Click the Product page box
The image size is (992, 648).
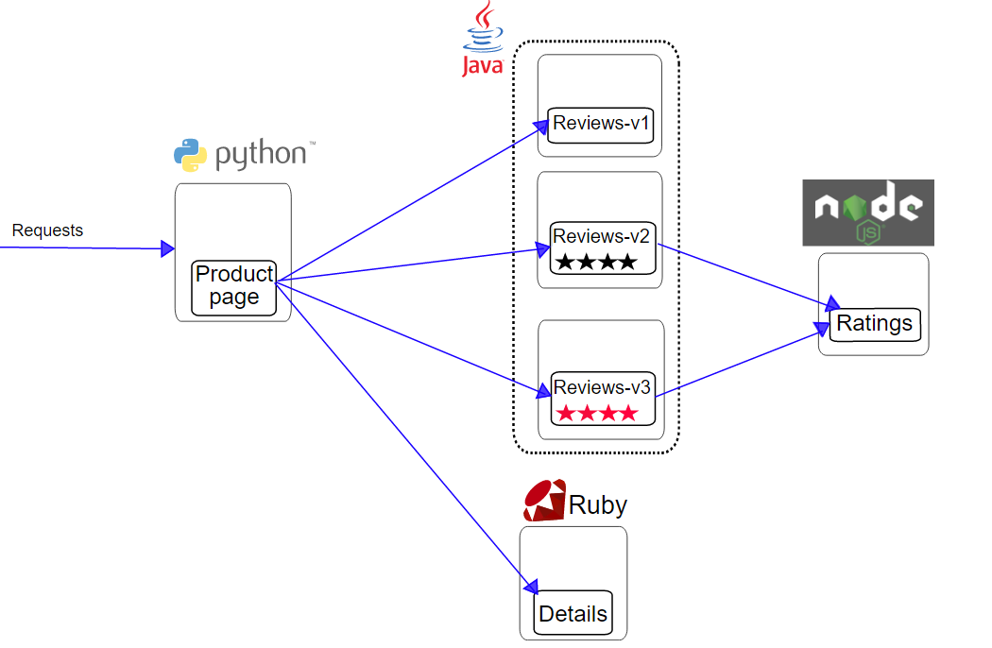coord(233,287)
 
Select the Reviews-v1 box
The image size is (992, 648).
coord(602,124)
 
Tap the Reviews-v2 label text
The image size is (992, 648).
coord(603,236)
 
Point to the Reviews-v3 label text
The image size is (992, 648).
coord(603,387)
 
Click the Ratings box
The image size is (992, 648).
coord(874,324)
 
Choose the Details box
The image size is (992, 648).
coord(573,614)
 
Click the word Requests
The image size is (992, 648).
coord(47,230)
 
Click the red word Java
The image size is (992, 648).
coord(482,65)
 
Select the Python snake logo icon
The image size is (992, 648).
coord(190,155)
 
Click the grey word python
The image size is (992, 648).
coord(261,155)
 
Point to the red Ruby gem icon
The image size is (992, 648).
coord(544,501)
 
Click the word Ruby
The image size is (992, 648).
coord(597,505)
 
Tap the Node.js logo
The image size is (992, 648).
coord(867,213)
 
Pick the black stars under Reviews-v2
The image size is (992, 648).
coord(595,262)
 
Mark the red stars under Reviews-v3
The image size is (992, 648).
coord(596,413)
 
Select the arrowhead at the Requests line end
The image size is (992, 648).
coord(168,248)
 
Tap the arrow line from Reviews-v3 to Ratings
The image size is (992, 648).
coord(737,363)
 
